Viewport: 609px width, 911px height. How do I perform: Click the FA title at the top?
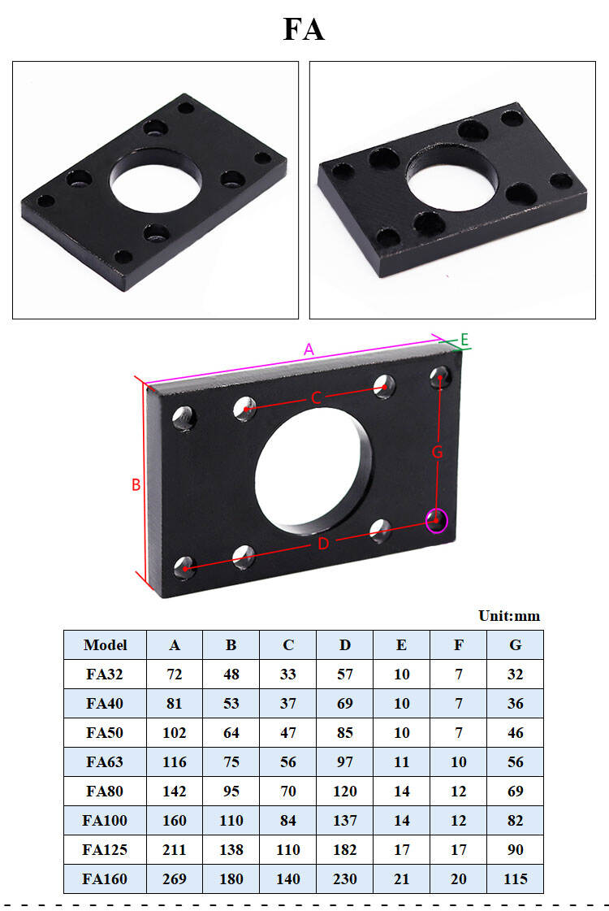click(x=304, y=29)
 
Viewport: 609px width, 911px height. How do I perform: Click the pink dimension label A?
click(x=308, y=350)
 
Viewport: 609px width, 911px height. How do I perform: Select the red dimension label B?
click(x=136, y=485)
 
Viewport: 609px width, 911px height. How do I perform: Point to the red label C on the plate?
click(x=317, y=397)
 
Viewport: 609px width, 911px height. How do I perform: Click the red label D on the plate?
click(x=323, y=544)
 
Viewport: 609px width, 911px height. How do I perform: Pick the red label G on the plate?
click(x=437, y=453)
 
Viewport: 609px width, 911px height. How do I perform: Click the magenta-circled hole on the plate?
click(x=437, y=519)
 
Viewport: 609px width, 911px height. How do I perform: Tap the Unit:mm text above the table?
click(x=509, y=616)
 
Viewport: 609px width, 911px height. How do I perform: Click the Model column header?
click(x=106, y=645)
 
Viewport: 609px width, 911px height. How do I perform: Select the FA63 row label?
click(x=106, y=762)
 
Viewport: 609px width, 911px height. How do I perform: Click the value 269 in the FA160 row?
click(x=175, y=879)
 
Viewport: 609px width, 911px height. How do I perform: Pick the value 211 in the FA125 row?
click(x=175, y=850)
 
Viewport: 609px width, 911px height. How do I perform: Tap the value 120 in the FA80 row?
click(x=345, y=792)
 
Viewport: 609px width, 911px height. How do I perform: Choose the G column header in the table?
click(x=516, y=645)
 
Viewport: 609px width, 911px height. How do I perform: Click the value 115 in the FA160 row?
click(x=516, y=879)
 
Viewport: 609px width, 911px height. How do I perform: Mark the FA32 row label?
click(x=106, y=675)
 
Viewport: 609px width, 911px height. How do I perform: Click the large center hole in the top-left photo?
click(x=157, y=180)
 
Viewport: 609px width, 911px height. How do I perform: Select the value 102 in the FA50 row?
click(x=175, y=733)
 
